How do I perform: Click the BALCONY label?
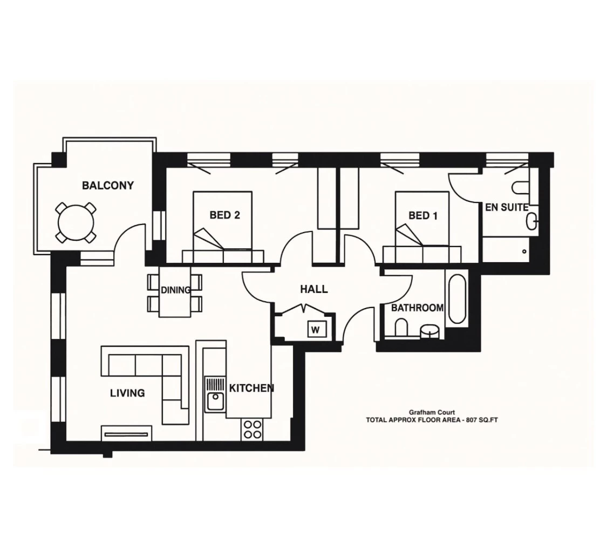pyautogui.click(x=107, y=186)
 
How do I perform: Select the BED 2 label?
pyautogui.click(x=224, y=215)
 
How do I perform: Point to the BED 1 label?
pyautogui.click(x=422, y=216)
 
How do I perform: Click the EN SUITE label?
pyautogui.click(x=506, y=207)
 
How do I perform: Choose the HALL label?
pyautogui.click(x=313, y=289)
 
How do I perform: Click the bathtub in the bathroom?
pyautogui.click(x=457, y=299)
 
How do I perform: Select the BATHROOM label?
pyautogui.click(x=417, y=308)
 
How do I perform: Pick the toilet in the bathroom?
pyautogui.click(x=401, y=328)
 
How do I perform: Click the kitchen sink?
pyautogui.click(x=215, y=401)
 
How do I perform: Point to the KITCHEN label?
pyautogui.click(x=251, y=388)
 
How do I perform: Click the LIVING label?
pyautogui.click(x=127, y=393)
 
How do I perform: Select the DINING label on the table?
pyautogui.click(x=175, y=290)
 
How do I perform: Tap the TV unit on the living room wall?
pyautogui.click(x=126, y=433)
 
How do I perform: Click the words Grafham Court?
pyautogui.click(x=432, y=412)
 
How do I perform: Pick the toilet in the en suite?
pyautogui.click(x=521, y=187)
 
